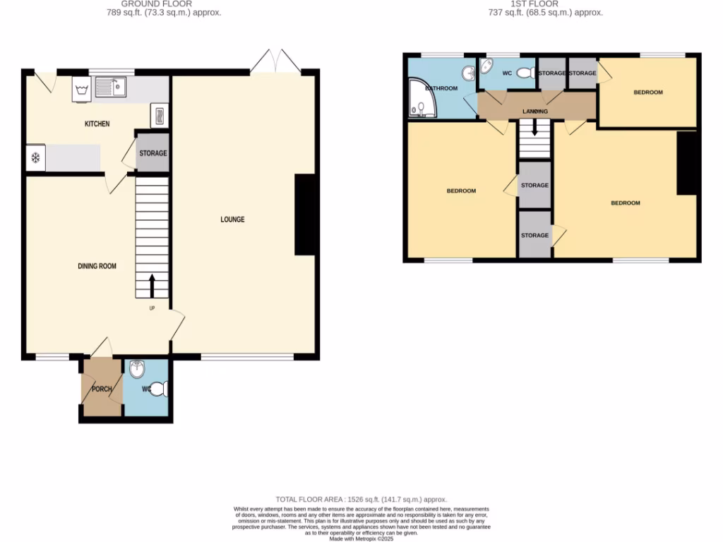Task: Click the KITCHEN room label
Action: tap(97, 124)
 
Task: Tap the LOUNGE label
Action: tap(232, 219)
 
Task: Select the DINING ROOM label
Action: tap(97, 266)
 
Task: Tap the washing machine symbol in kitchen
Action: tap(79, 90)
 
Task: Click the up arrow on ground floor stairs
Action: tap(152, 287)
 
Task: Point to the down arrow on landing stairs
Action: tap(534, 127)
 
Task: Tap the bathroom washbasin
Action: tap(467, 73)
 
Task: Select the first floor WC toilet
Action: tap(525, 73)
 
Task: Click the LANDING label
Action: tap(534, 112)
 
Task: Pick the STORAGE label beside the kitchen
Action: tap(153, 153)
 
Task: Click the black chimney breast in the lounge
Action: tap(304, 214)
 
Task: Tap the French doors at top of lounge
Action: tap(275, 61)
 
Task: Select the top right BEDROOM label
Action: tap(647, 92)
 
